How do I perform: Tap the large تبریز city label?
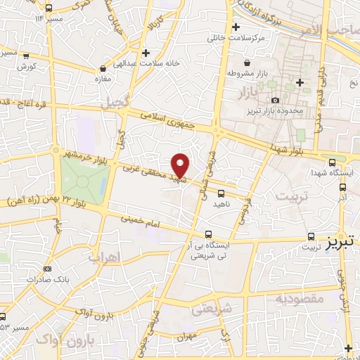(x=342, y=243)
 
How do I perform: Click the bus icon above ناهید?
(x=221, y=193)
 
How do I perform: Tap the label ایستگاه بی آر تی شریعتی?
(x=207, y=251)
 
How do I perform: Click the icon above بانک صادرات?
(x=47, y=269)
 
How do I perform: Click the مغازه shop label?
(x=104, y=79)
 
